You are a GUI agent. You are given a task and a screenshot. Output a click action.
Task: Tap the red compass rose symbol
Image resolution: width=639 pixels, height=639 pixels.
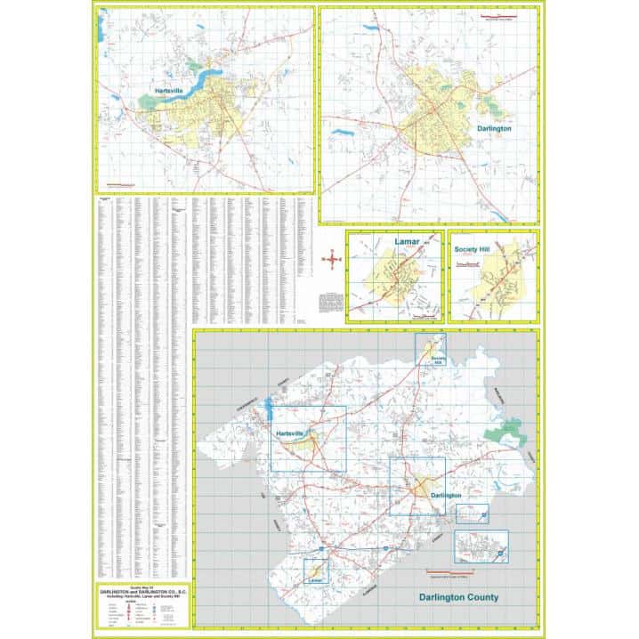coord(332,260)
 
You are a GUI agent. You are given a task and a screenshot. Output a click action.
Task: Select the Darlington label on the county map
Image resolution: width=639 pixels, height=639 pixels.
coord(446,494)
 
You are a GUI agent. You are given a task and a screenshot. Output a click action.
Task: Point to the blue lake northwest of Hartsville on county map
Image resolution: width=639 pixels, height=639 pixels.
coord(267,409)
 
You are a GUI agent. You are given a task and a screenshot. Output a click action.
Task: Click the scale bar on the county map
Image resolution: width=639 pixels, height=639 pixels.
coord(454,571)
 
